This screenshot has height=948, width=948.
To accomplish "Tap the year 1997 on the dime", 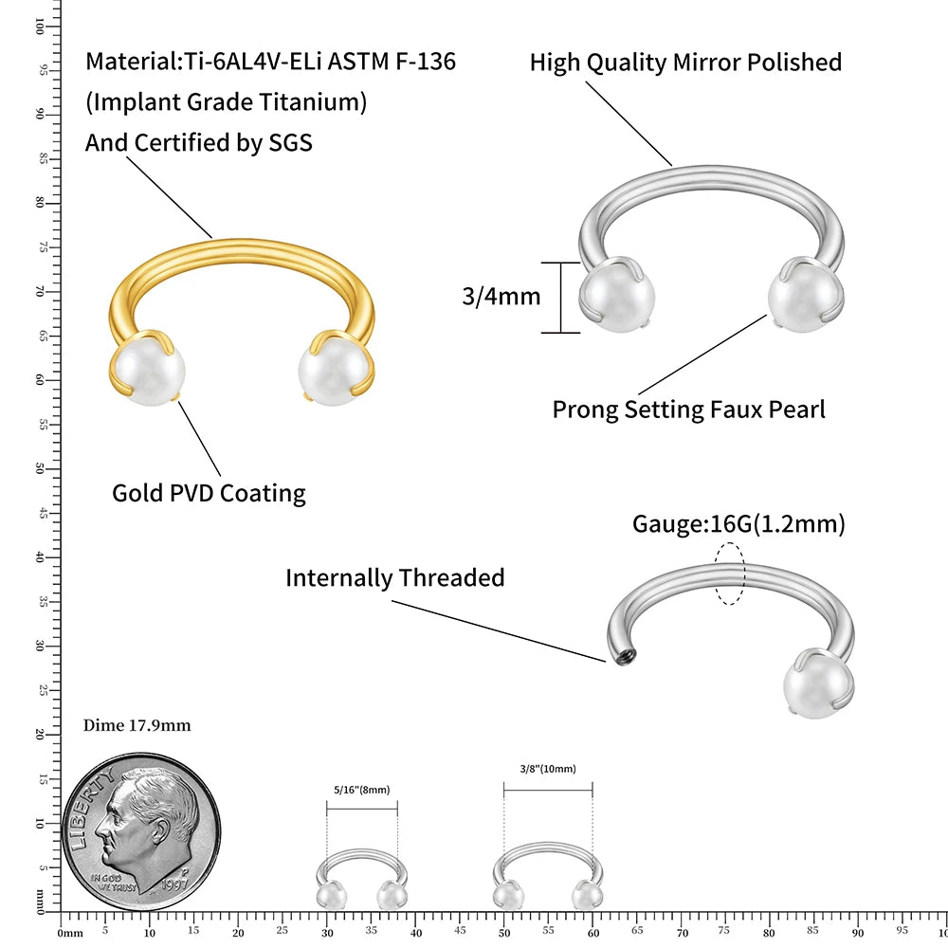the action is click(174, 884).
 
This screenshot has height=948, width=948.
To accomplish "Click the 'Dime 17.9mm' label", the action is click(137, 725).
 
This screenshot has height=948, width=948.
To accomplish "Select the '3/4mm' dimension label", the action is click(501, 296).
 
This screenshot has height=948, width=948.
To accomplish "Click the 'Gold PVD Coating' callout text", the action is click(209, 493).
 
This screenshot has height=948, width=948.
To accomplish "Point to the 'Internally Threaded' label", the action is click(394, 577).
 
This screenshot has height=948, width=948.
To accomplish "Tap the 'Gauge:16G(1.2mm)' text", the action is click(738, 523).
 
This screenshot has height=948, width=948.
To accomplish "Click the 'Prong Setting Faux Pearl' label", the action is click(688, 410).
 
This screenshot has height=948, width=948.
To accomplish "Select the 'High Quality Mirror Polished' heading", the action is click(685, 63).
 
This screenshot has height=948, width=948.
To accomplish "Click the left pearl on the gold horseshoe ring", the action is click(149, 370).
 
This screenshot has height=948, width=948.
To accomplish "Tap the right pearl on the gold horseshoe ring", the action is click(335, 370).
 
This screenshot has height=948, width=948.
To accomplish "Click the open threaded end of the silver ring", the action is click(625, 655).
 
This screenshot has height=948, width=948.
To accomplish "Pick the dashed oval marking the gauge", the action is click(730, 574).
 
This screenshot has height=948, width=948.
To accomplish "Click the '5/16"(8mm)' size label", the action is click(361, 790).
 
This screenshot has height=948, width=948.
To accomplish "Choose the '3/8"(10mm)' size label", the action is click(548, 769).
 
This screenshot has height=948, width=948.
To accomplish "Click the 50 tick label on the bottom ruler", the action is click(504, 933).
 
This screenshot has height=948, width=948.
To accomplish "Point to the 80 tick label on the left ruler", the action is click(40, 203).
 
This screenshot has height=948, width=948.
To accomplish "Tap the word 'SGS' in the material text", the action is click(290, 143).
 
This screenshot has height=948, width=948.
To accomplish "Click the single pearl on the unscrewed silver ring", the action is click(817, 686).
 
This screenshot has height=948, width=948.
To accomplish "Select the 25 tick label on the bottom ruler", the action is click(282, 931).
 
